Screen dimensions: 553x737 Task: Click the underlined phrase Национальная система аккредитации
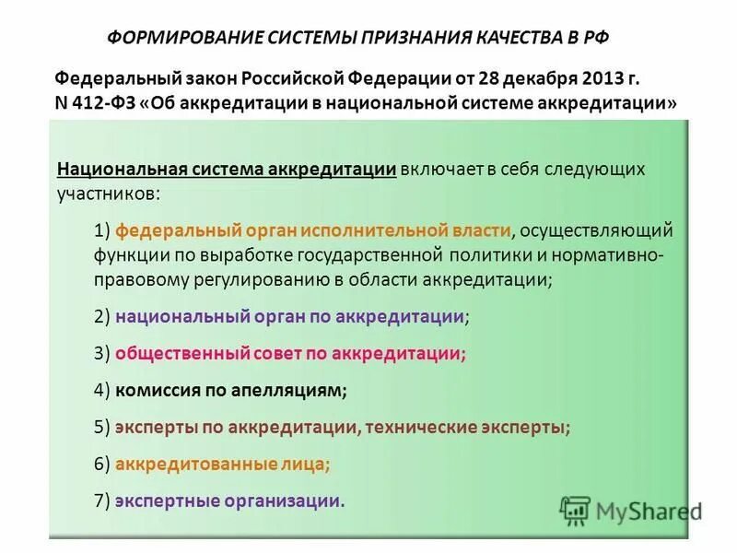click(227, 170)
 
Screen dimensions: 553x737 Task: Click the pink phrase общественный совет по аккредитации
click(287, 353)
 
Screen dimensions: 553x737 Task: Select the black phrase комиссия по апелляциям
click(229, 390)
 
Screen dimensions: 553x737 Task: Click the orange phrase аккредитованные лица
click(221, 464)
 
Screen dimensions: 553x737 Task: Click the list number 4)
click(102, 390)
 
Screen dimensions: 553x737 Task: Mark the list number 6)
click(102, 464)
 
